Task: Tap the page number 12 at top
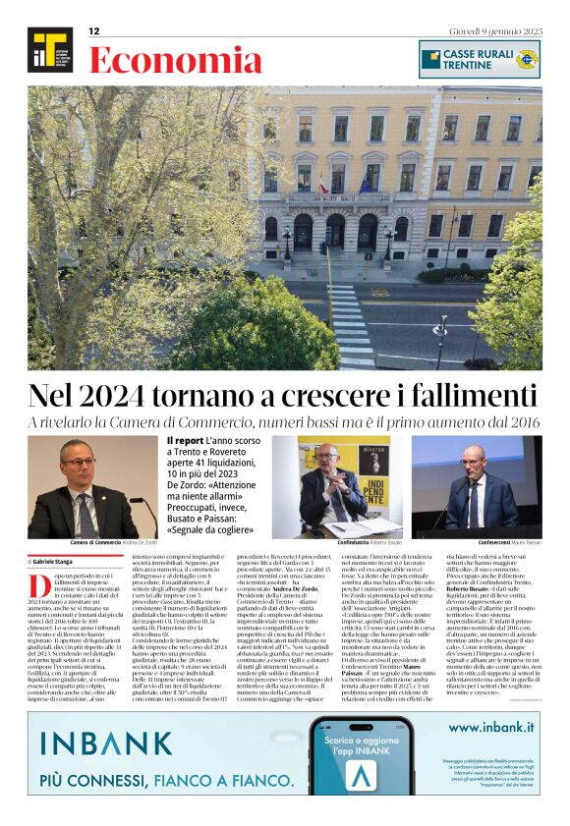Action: (x=94, y=31)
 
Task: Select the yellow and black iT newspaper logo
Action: (x=49, y=51)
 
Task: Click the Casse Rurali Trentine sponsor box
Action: (x=479, y=59)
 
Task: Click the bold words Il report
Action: (x=185, y=441)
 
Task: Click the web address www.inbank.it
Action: (x=490, y=728)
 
